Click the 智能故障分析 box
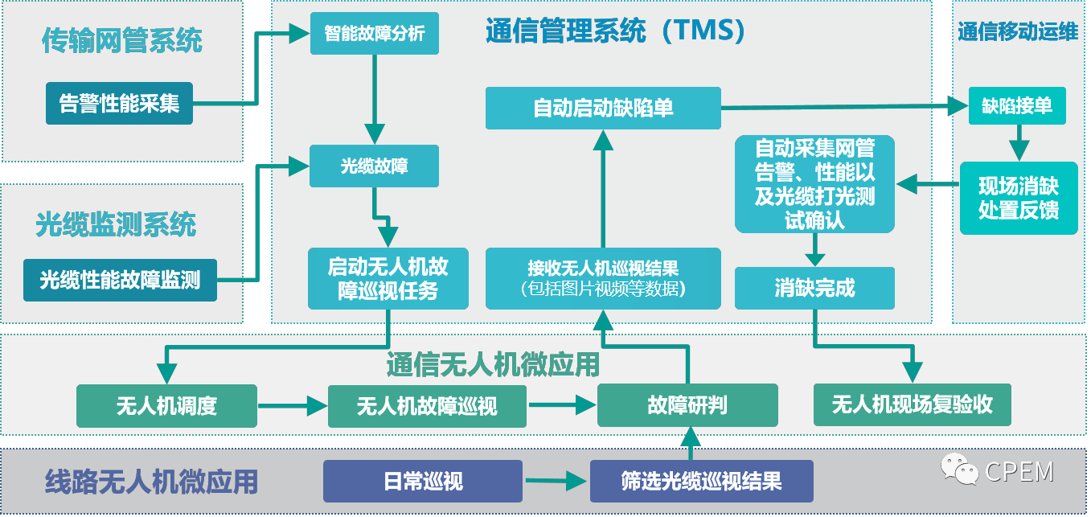click(375, 35)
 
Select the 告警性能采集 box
click(119, 103)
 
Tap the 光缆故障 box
click(375, 166)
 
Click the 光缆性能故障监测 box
click(120, 280)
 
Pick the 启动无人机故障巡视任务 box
click(388, 278)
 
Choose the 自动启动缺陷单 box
click(603, 108)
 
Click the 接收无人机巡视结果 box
click(603, 278)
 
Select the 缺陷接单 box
click(1017, 105)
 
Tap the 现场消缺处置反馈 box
click(1019, 199)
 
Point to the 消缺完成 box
click(814, 288)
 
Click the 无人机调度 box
click(166, 405)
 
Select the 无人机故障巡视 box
click(427, 406)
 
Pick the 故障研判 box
click(687, 404)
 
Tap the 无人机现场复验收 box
click(912, 404)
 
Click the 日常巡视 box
click(423, 481)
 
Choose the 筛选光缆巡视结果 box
click(701, 481)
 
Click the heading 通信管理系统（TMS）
click(617, 31)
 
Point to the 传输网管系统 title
click(122, 40)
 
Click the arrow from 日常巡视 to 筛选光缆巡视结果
click(556, 482)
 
